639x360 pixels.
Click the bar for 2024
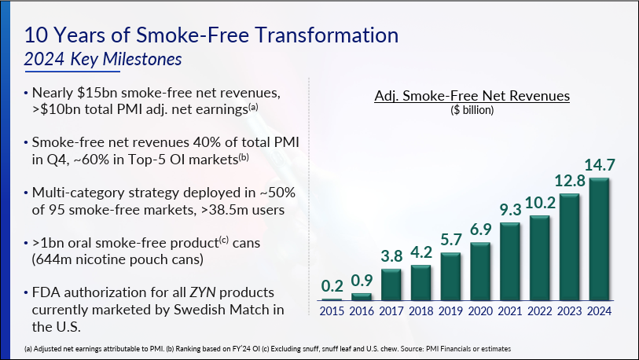pyautogui.click(x=599, y=240)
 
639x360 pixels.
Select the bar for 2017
pyautogui.click(x=391, y=285)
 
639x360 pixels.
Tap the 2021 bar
pyautogui.click(x=510, y=263)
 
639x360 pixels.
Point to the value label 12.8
pyautogui.click(x=570, y=181)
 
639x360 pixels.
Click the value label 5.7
pyautogui.click(x=450, y=240)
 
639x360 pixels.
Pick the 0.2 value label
pyautogui.click(x=332, y=286)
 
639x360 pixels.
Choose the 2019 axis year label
pyautogui.click(x=450, y=311)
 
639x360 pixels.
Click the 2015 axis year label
pyautogui.click(x=332, y=311)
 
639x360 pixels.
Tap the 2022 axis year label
pyautogui.click(x=539, y=311)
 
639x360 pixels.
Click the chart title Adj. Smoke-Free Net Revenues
pyautogui.click(x=472, y=96)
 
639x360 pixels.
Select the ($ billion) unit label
pyautogui.click(x=472, y=110)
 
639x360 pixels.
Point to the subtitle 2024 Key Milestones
pyautogui.click(x=103, y=60)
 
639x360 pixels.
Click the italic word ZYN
pyautogui.click(x=203, y=292)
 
